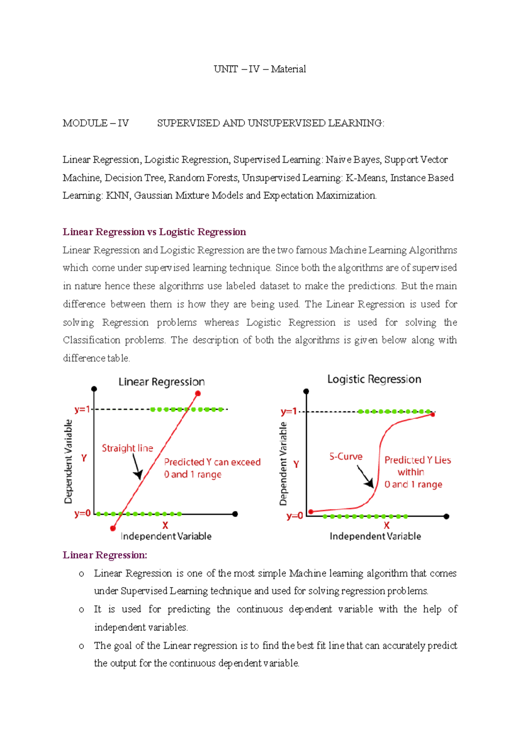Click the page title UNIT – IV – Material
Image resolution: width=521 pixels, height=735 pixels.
pos(260,69)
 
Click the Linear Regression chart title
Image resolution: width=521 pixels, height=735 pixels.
pos(162,382)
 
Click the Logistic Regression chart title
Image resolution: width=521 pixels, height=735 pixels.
pos(374,379)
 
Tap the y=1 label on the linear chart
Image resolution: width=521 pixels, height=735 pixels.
pos(82,409)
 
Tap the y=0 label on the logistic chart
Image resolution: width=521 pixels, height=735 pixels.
pos(294,516)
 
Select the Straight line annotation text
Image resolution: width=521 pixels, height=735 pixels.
pos(127,448)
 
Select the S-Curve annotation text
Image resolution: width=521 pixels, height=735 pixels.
pos(346,456)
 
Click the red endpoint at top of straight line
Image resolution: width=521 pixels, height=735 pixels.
pos(198,394)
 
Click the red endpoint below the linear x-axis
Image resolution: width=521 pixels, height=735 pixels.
pos(113,528)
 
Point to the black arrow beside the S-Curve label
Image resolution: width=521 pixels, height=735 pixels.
pos(366,477)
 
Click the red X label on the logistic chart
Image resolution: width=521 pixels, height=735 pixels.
pos(386,525)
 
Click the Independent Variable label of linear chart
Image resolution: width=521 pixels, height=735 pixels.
pos(166,536)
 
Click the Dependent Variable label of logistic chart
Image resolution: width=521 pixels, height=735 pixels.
pos(284,463)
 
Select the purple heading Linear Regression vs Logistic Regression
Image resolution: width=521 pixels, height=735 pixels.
pos(154,232)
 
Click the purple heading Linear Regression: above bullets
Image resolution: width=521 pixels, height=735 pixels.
pos(105,555)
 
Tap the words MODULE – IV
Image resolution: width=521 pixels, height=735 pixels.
pos(96,123)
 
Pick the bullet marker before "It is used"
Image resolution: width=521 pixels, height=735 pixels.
pos(81,610)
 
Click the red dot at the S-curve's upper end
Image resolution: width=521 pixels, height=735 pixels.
pos(432,414)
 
